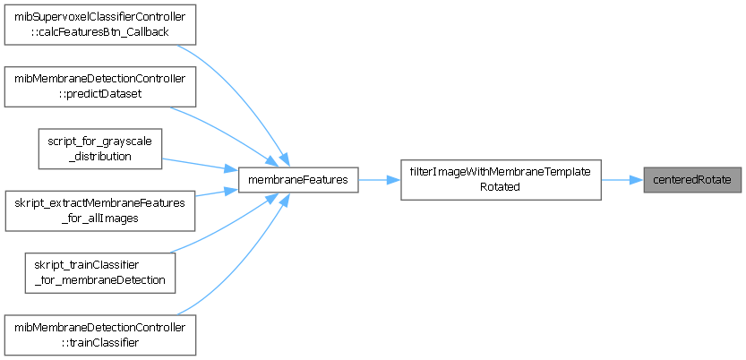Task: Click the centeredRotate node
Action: [692, 180]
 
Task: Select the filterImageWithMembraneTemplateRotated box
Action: [500, 180]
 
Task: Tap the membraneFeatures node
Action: [299, 180]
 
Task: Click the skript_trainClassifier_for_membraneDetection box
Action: [99, 272]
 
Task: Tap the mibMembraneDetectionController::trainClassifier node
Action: [99, 333]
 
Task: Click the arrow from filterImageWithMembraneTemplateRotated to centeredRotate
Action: [622, 180]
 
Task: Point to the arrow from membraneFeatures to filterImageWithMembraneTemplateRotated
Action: [379, 180]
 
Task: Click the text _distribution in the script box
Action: [99, 156]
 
